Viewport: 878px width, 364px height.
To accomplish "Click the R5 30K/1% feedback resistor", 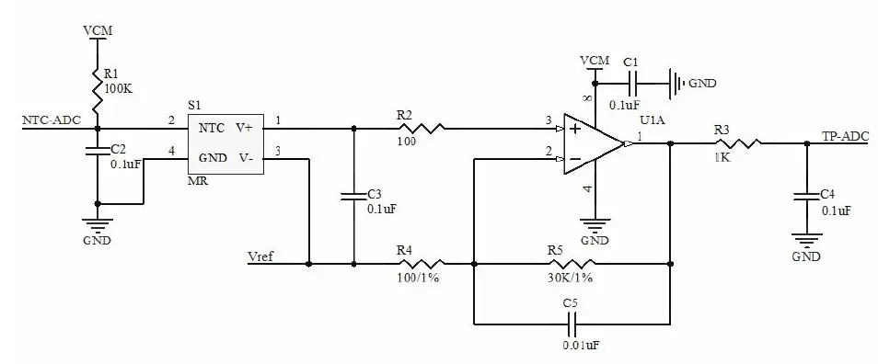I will (571, 264).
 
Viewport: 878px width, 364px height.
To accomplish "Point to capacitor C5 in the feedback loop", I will (572, 324).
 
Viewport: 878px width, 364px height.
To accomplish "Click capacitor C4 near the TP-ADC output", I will (806, 195).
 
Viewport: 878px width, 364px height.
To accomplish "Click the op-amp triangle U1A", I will (594, 143).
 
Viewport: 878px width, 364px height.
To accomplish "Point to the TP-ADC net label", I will (845, 136).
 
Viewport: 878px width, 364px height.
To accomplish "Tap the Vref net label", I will (262, 256).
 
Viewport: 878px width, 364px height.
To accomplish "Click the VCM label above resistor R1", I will (97, 29).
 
